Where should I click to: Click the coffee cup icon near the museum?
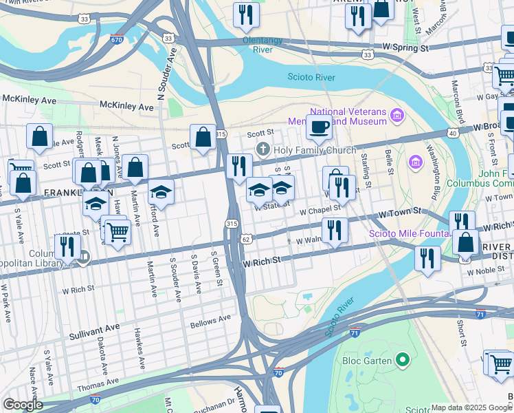click(319, 126)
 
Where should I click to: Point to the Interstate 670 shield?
click(117, 39)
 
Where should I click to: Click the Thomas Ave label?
click(98, 381)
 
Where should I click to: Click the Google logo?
click(23, 405)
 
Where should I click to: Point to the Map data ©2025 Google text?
click(471, 407)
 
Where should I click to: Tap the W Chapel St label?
click(320, 209)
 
